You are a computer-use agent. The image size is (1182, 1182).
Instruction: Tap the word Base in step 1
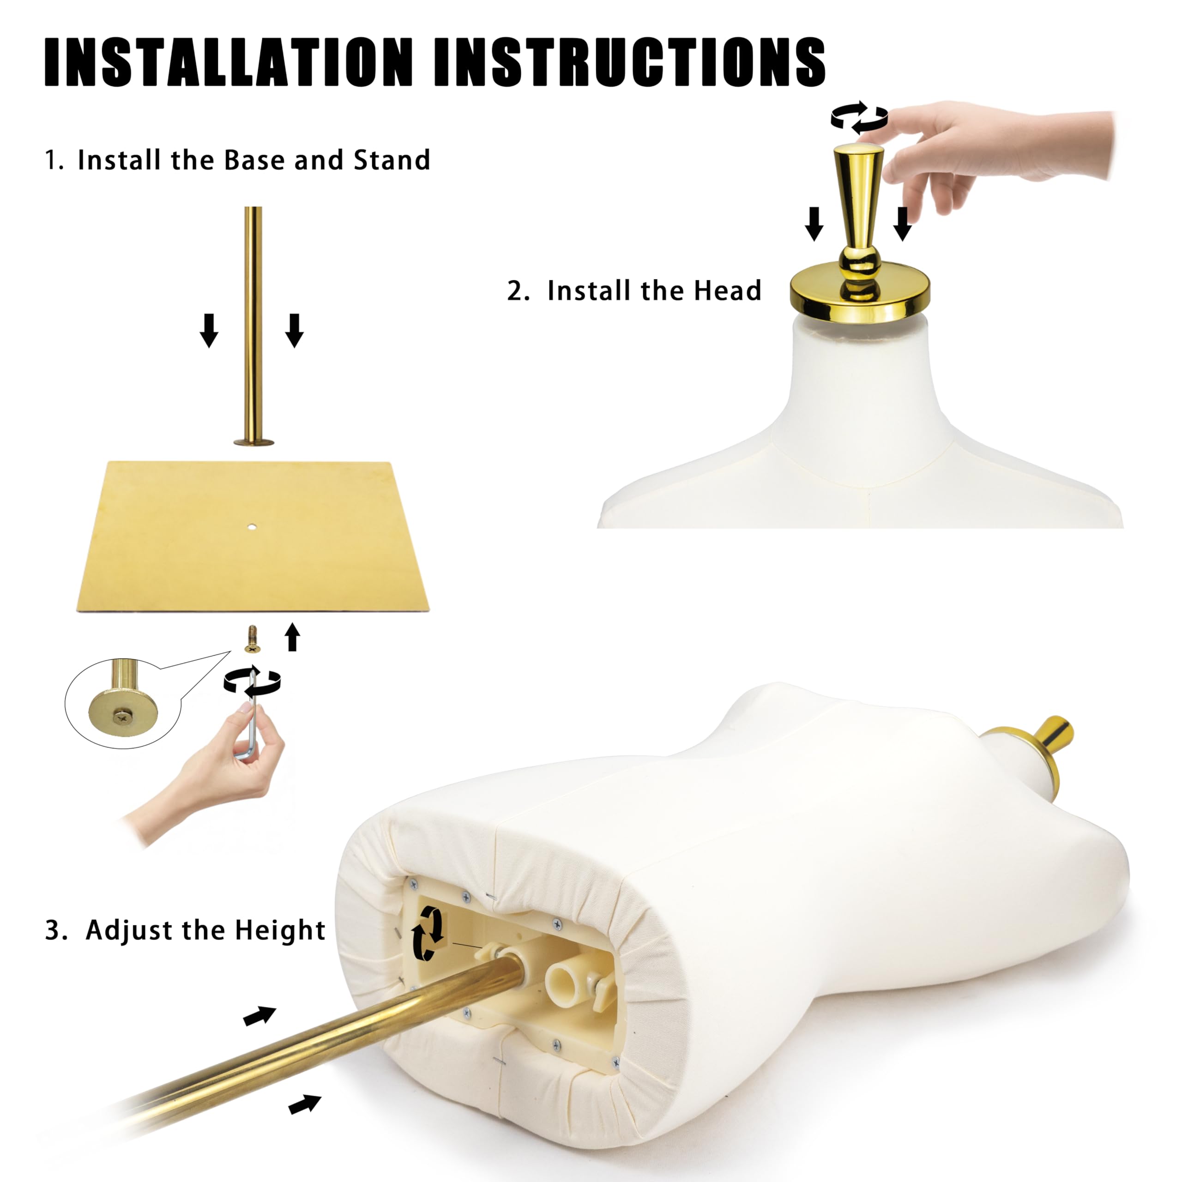tap(256, 160)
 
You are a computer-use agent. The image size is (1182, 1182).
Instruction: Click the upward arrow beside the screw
tap(292, 637)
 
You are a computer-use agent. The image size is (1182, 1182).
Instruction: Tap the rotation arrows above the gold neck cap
tap(859, 117)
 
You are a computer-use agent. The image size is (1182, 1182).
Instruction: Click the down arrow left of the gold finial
tap(814, 224)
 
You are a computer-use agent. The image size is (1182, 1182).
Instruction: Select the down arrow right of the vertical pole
tap(294, 331)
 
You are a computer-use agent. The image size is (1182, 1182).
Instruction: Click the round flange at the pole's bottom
tap(253, 442)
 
